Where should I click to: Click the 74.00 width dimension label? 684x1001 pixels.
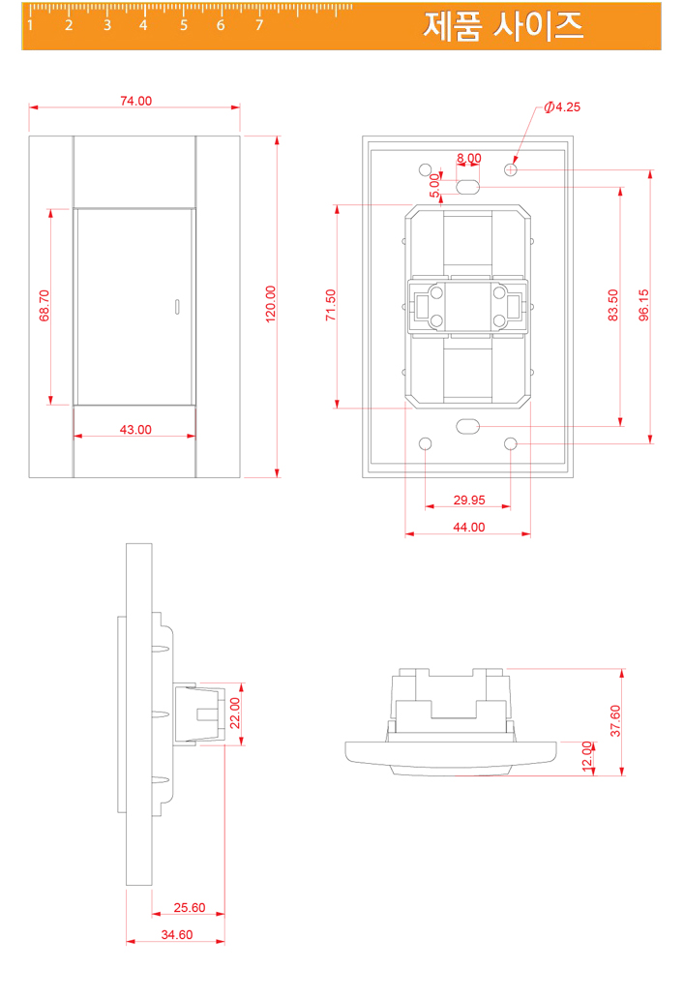point(135,101)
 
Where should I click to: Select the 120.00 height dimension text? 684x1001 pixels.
point(271,304)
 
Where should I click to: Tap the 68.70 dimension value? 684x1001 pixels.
point(45,306)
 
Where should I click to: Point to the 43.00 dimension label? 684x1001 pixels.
point(135,430)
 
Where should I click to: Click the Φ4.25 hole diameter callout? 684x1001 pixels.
point(562,106)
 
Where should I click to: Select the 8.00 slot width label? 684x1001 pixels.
point(469,158)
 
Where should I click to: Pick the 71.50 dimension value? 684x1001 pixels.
point(330,305)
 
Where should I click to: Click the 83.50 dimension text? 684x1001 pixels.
point(613,305)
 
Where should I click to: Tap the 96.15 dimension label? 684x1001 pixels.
point(643,305)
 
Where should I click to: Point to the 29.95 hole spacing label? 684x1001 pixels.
point(469,500)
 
